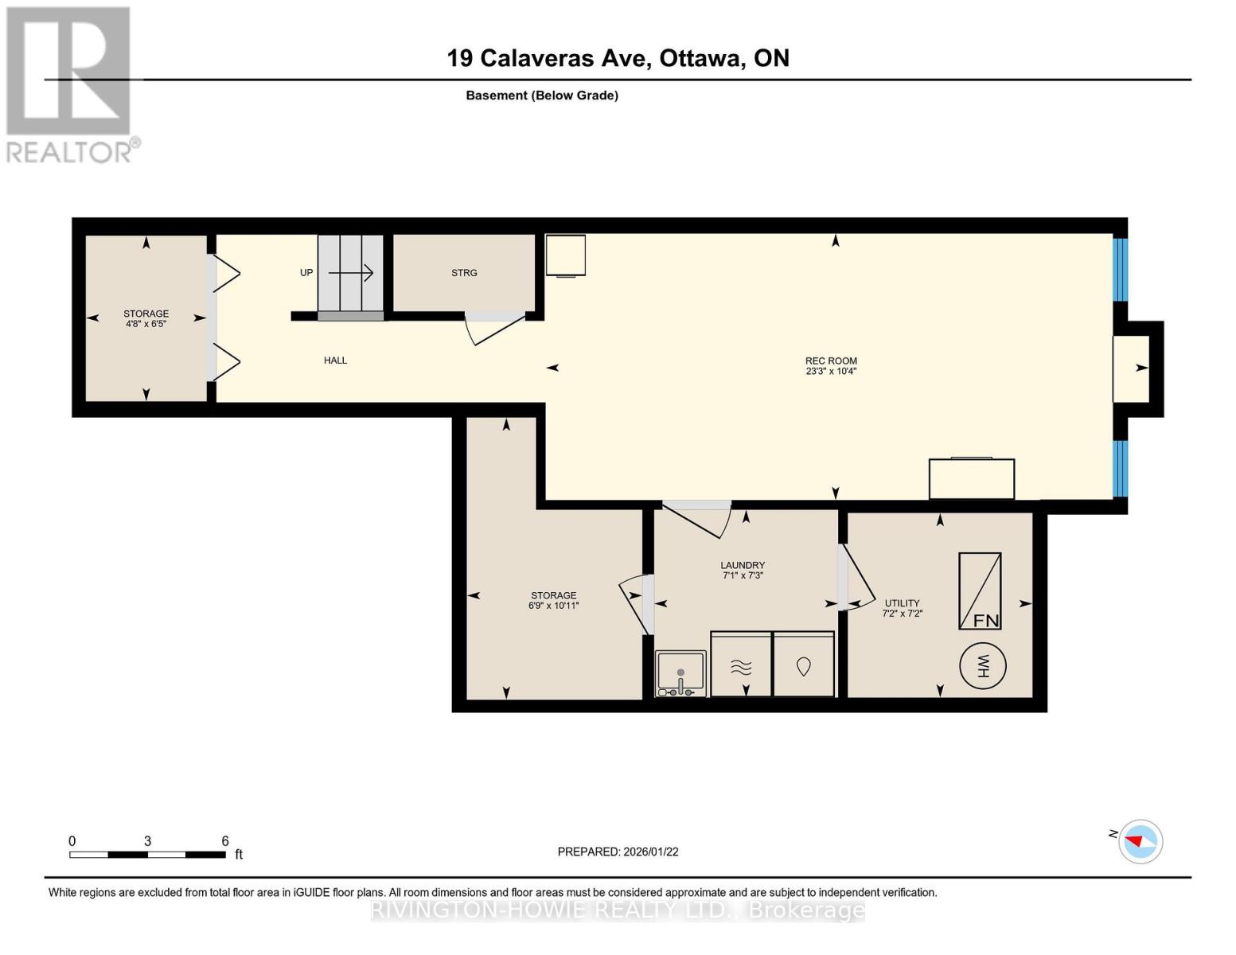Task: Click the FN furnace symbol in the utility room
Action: [980, 591]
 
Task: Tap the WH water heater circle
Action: [982, 665]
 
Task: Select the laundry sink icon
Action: [680, 673]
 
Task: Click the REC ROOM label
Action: [831, 361]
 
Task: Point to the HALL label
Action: [335, 360]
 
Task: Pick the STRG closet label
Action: [464, 273]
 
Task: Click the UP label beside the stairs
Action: [306, 272]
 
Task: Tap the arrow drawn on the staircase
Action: [350, 273]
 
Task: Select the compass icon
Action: [1140, 841]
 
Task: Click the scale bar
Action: [147, 854]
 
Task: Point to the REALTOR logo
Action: [71, 85]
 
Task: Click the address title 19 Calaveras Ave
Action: [548, 58]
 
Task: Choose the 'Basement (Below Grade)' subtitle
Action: [542, 95]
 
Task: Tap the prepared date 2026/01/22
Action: [651, 852]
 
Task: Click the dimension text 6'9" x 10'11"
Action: [553, 606]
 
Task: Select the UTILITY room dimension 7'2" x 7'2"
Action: [902, 613]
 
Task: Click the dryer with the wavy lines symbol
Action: [741, 663]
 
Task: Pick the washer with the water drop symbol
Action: [803, 663]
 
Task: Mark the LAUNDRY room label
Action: [743, 565]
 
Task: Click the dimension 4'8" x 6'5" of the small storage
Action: [146, 324]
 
